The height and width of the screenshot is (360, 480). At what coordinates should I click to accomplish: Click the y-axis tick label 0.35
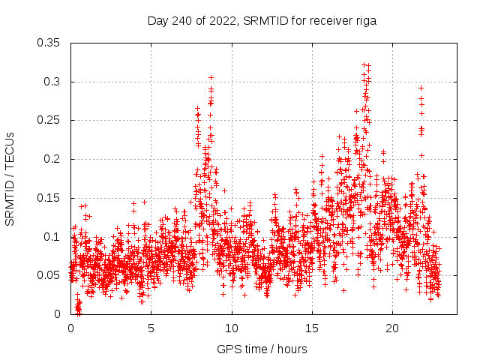coord(49,43)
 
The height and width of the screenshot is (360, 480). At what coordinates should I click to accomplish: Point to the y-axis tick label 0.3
coord(52,82)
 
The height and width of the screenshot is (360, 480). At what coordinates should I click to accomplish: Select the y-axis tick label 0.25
coord(49,120)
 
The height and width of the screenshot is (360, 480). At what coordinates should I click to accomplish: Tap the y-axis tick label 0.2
coord(52,159)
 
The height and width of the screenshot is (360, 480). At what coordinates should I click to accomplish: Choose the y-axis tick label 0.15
coord(49,198)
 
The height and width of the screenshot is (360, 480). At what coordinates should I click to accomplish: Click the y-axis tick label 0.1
coord(52,237)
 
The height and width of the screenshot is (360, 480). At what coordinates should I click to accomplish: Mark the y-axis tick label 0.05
coord(49,275)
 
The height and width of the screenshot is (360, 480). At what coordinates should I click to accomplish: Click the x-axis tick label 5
coord(151,328)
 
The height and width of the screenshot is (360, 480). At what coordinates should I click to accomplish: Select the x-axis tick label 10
coord(232,328)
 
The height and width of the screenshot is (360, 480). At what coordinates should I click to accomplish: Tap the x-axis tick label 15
coord(312,328)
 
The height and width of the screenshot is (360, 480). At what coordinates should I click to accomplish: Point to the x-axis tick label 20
coord(392,328)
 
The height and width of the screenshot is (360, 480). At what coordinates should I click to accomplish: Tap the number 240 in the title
coord(180,21)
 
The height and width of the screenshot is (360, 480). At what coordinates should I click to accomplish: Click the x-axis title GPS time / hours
coord(262,349)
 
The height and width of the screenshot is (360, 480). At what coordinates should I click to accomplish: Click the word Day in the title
coord(157,21)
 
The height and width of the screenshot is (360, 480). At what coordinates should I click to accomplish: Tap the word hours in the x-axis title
coord(291,349)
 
